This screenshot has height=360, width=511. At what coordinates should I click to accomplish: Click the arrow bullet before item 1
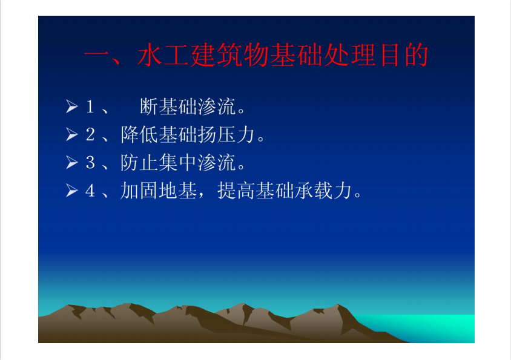coord(72,106)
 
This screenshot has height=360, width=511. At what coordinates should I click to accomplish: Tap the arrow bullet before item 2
coord(72,134)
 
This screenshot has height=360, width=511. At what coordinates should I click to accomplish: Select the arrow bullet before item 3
coord(72,162)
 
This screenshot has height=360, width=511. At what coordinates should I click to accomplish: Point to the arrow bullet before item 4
coord(72,190)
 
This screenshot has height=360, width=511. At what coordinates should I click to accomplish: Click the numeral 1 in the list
coord(90,106)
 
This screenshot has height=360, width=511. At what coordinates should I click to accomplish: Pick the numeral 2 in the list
coord(90,134)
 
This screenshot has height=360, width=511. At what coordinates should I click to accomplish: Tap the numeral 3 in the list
coord(90,163)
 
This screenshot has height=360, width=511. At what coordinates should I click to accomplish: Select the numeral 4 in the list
coord(90,191)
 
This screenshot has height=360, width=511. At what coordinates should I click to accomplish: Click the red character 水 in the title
coord(150,54)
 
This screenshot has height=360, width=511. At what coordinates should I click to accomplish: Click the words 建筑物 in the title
coord(229,54)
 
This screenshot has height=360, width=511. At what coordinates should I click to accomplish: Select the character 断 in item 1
coord(149,106)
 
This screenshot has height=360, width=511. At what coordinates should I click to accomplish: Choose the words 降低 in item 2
coord(139,134)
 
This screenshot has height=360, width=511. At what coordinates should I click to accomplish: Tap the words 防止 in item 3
coord(139,163)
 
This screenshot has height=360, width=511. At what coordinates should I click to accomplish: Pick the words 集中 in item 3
coord(177,163)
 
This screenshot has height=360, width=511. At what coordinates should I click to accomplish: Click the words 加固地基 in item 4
coord(159,191)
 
